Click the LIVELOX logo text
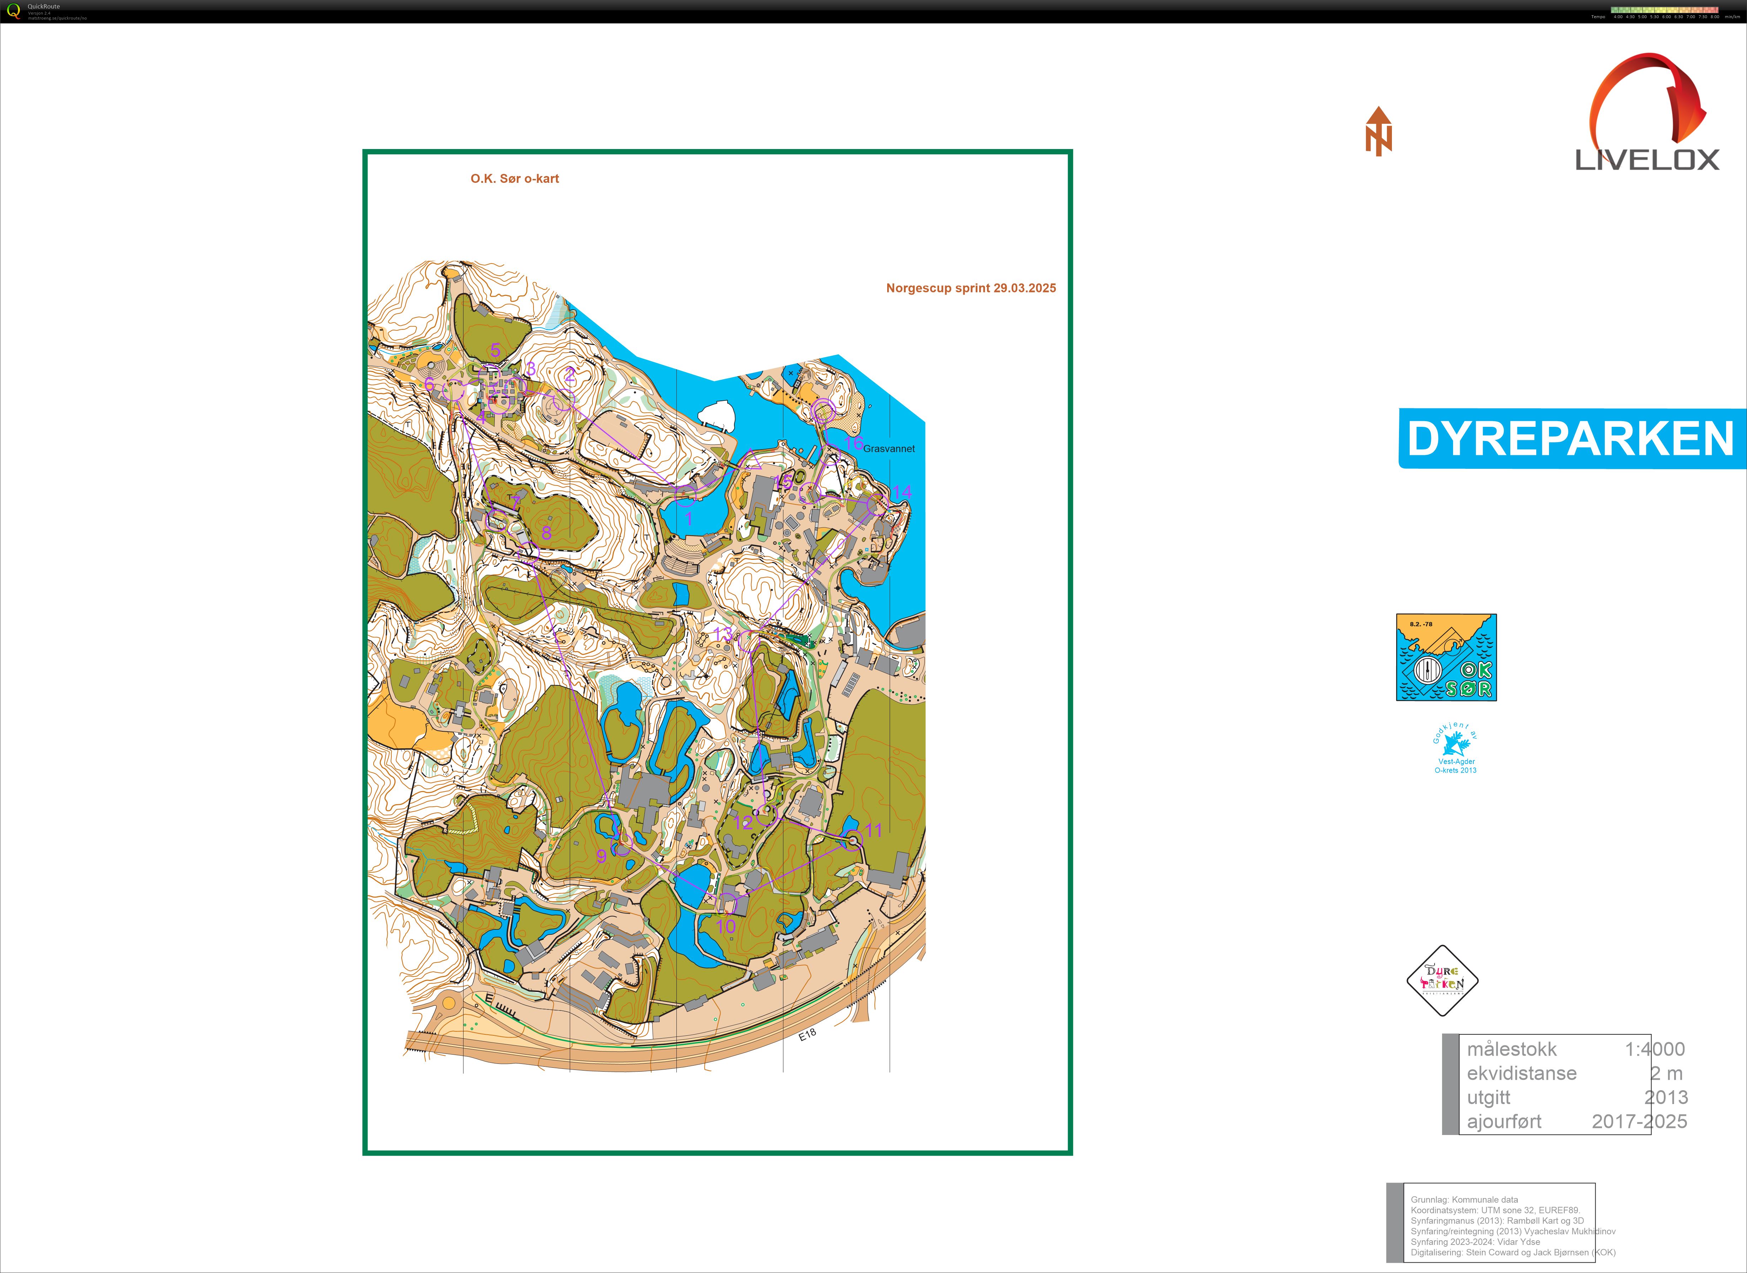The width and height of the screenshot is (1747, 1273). tap(1647, 159)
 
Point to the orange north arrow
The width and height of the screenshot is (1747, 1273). tap(1379, 132)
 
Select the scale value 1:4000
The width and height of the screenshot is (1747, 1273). tap(1655, 1049)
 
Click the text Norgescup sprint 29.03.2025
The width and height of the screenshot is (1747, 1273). tap(971, 288)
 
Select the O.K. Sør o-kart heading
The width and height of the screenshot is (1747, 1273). tap(515, 179)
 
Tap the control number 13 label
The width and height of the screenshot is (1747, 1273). tap(723, 633)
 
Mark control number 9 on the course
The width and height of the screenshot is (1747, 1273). tap(602, 855)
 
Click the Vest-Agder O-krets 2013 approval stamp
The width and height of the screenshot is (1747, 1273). tap(1455, 750)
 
